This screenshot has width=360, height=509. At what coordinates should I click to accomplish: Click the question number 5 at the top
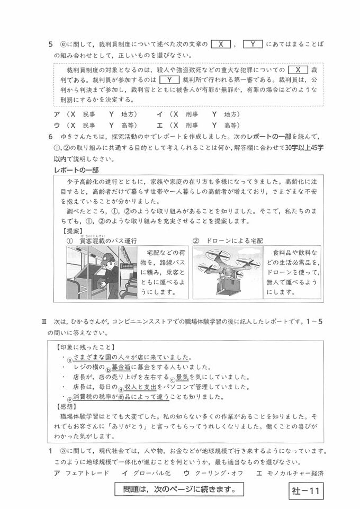[x=50, y=45]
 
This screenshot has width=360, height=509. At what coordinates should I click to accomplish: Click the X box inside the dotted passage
[x=299, y=70]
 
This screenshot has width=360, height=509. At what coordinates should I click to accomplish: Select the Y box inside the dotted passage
[x=168, y=80]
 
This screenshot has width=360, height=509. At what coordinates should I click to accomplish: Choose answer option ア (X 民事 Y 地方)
[x=95, y=114]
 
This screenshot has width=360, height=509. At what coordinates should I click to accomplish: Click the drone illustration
[x=228, y=270]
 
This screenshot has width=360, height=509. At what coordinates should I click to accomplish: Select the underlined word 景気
[x=183, y=377]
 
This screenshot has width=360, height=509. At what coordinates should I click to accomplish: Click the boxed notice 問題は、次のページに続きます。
[x=175, y=489]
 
